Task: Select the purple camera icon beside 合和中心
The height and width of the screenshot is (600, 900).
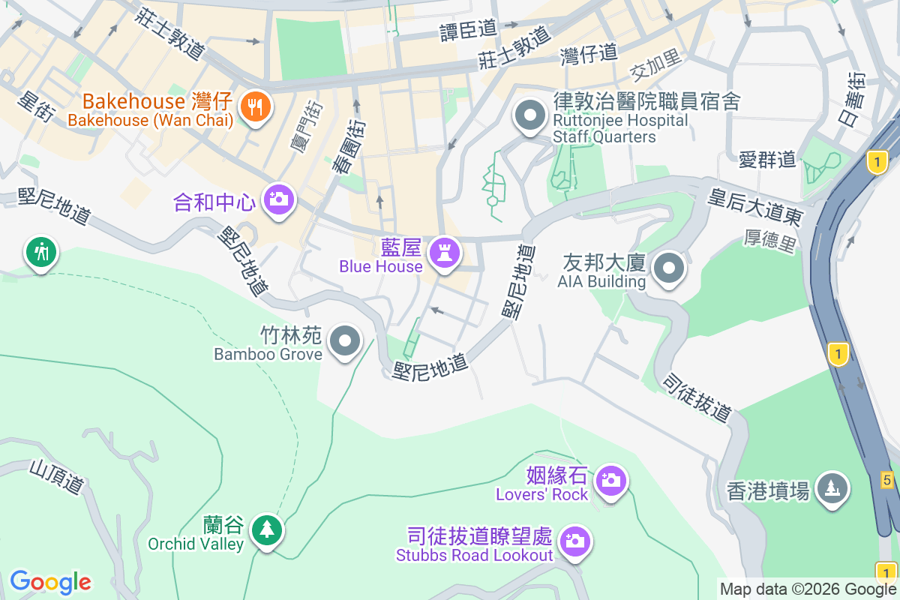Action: click(278, 199)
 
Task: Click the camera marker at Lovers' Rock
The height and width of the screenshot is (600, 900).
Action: click(611, 479)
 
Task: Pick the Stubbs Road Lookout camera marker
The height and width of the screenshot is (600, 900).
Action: click(574, 541)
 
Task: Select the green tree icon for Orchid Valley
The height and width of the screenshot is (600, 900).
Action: click(266, 529)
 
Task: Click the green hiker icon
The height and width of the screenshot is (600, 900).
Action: click(41, 253)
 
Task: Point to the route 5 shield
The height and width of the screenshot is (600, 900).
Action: click(887, 480)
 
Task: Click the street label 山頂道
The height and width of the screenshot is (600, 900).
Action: click(56, 478)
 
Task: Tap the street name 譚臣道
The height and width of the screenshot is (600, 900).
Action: click(469, 29)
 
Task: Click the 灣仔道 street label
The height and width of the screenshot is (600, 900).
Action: click(589, 52)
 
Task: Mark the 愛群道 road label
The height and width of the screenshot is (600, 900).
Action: click(766, 159)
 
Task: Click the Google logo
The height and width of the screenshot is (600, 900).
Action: click(50, 582)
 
